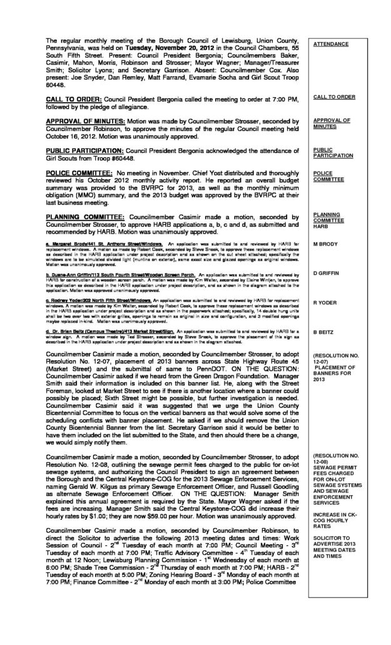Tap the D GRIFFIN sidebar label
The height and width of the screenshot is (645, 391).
tap(327, 274)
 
